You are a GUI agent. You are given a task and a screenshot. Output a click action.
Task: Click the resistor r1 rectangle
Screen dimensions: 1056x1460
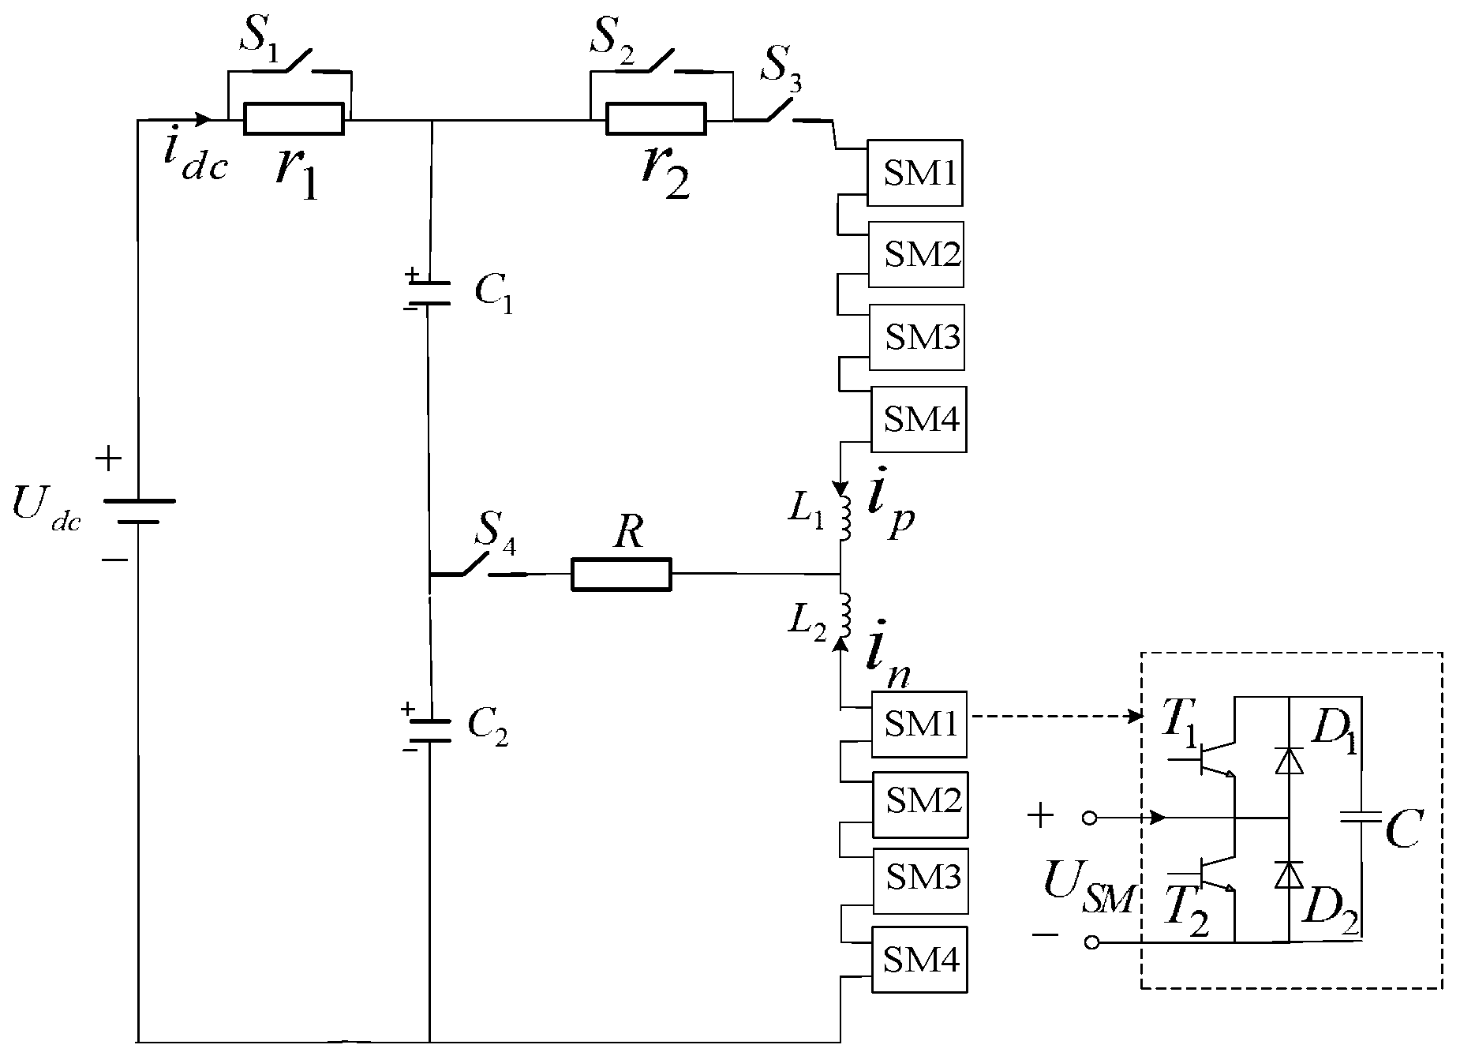pyautogui.click(x=294, y=120)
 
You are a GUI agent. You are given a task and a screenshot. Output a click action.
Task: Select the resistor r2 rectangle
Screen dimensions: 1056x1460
pyautogui.click(x=656, y=120)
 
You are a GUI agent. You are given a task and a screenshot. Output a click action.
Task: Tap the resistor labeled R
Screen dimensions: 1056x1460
pyautogui.click(x=621, y=575)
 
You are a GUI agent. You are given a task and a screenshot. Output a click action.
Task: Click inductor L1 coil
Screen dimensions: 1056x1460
pyautogui.click(x=844, y=519)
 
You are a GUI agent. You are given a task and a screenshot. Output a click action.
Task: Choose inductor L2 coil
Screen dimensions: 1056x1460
pyautogui.click(x=844, y=616)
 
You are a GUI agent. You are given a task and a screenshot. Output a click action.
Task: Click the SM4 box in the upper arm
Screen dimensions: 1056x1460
pyautogui.click(x=919, y=419)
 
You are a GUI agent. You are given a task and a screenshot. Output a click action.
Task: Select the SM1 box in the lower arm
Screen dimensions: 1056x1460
pyautogui.click(x=919, y=724)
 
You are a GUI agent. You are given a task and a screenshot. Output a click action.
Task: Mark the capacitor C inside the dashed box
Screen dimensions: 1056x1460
pyautogui.click(x=1363, y=819)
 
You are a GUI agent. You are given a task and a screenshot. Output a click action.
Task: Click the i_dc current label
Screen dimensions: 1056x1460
pyautogui.click(x=193, y=159)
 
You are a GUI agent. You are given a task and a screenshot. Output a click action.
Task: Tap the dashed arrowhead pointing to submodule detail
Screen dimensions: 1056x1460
pyautogui.click(x=1136, y=717)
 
